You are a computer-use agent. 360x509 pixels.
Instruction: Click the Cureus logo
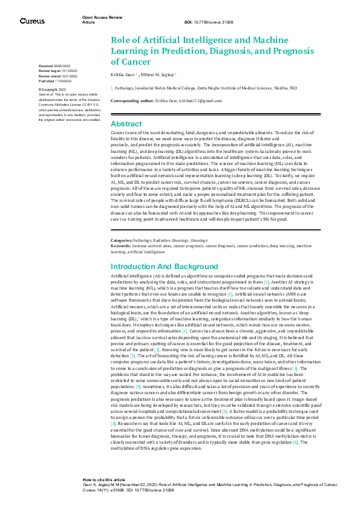pyautogui.click(x=31, y=21)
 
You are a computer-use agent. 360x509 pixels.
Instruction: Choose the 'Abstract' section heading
pyautogui.click(x=126, y=123)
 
